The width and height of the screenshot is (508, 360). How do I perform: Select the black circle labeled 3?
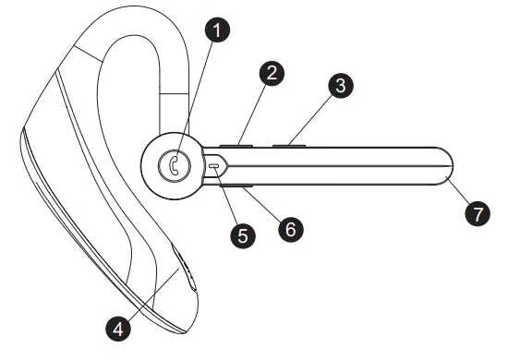coord(341,88)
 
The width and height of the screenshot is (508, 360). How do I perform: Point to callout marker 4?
coord(115,326)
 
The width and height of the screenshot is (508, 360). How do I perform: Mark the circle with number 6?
coord(291,228)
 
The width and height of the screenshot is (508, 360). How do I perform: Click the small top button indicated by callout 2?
coord(237,144)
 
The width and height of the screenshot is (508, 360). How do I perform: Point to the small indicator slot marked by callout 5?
coord(215,166)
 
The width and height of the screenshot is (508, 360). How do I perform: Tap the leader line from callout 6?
coord(266,206)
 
